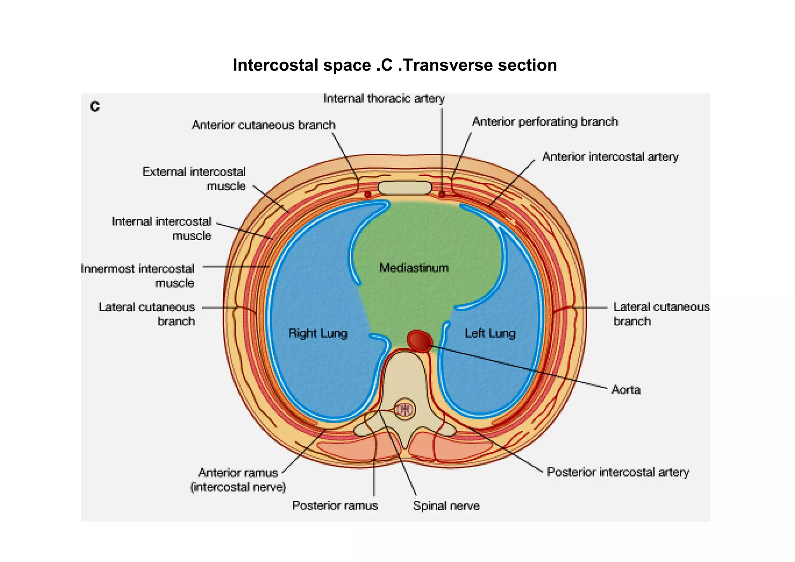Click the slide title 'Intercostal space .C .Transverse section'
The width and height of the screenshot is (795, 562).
click(394, 65)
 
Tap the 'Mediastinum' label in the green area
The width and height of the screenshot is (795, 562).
click(414, 268)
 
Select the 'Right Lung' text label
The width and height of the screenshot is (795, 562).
click(318, 333)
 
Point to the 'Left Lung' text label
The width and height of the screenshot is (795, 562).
click(490, 333)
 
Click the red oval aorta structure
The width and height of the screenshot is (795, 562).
click(420, 341)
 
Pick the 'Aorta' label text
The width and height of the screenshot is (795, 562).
click(625, 390)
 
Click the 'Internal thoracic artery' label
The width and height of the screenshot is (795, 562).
click(384, 99)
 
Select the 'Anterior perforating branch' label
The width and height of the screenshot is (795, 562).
click(545, 122)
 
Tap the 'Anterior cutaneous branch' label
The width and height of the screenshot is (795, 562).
click(264, 125)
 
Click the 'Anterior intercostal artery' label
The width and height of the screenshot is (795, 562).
click(610, 157)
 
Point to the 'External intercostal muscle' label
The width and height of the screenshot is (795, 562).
click(194, 179)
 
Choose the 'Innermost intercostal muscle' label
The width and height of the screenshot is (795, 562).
click(137, 276)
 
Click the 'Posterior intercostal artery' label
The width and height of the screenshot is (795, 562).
click(618, 472)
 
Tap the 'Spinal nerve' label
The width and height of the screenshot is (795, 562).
click(446, 506)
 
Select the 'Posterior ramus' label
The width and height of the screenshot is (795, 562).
click(335, 506)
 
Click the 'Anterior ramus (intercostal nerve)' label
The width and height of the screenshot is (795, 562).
click(238, 480)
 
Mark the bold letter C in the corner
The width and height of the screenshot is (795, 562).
click(95, 106)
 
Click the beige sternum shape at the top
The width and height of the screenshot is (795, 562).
click(404, 188)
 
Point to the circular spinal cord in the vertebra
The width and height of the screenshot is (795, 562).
click(404, 409)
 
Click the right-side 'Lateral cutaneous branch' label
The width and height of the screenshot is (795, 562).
click(661, 314)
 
